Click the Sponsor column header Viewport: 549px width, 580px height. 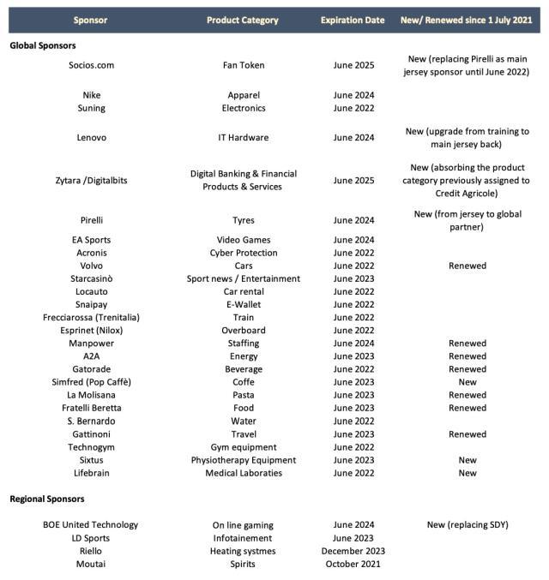pos(91,20)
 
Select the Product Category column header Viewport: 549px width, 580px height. pos(243,20)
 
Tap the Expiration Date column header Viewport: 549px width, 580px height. pos(353,20)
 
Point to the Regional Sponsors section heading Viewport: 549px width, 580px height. pos(47,499)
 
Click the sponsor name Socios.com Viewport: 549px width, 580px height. pos(91,65)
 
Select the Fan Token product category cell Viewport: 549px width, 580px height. pos(243,65)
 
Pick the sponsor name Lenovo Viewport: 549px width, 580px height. pos(91,137)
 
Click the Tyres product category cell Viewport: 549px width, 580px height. pos(243,220)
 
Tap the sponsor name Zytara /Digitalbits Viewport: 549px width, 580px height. pos(91,180)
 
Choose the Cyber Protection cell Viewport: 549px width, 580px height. pos(243,253)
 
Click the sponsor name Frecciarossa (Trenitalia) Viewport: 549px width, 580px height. pos(91,317)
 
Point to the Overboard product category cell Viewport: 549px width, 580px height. pos(243,330)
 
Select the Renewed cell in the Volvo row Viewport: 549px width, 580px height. pos(467,266)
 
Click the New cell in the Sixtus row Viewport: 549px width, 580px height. pos(467,460)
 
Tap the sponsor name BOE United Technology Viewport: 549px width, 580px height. pos(91,525)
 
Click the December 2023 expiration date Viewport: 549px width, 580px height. pos(353,551)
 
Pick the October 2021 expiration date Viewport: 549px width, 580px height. pos(353,564)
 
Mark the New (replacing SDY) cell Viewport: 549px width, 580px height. pos(467,525)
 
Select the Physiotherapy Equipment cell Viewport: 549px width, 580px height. pos(243,460)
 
